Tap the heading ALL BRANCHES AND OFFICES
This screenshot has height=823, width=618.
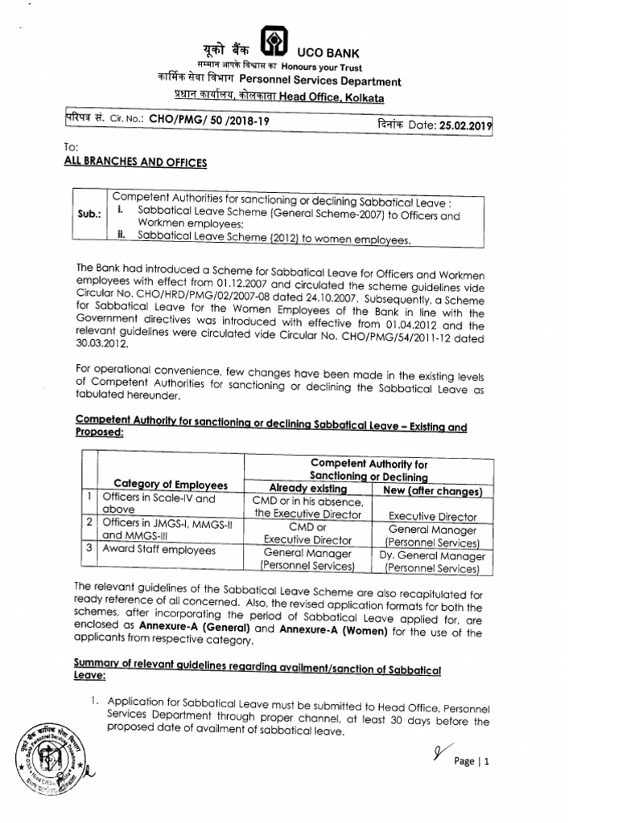point(134,163)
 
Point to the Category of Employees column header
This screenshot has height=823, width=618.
point(171,485)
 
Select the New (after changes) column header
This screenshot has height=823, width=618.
point(433,490)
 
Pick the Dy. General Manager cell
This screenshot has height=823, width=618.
point(433,555)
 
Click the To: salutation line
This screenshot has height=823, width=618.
point(70,149)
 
